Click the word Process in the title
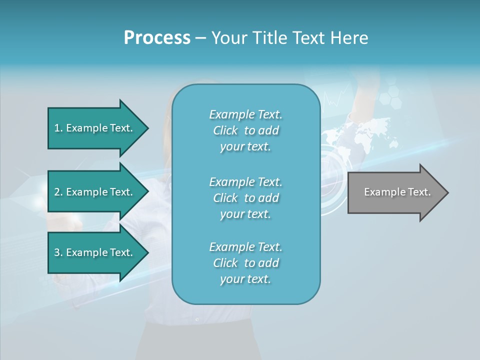coord(157,37)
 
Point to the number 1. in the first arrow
coord(58,128)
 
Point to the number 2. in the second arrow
coord(58,192)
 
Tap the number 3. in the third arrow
coord(58,252)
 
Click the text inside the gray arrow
coord(397,192)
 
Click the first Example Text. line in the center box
coord(246,114)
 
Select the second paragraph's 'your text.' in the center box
coord(245,214)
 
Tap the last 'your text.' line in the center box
coord(245,279)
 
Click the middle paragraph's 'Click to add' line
coord(246,198)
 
